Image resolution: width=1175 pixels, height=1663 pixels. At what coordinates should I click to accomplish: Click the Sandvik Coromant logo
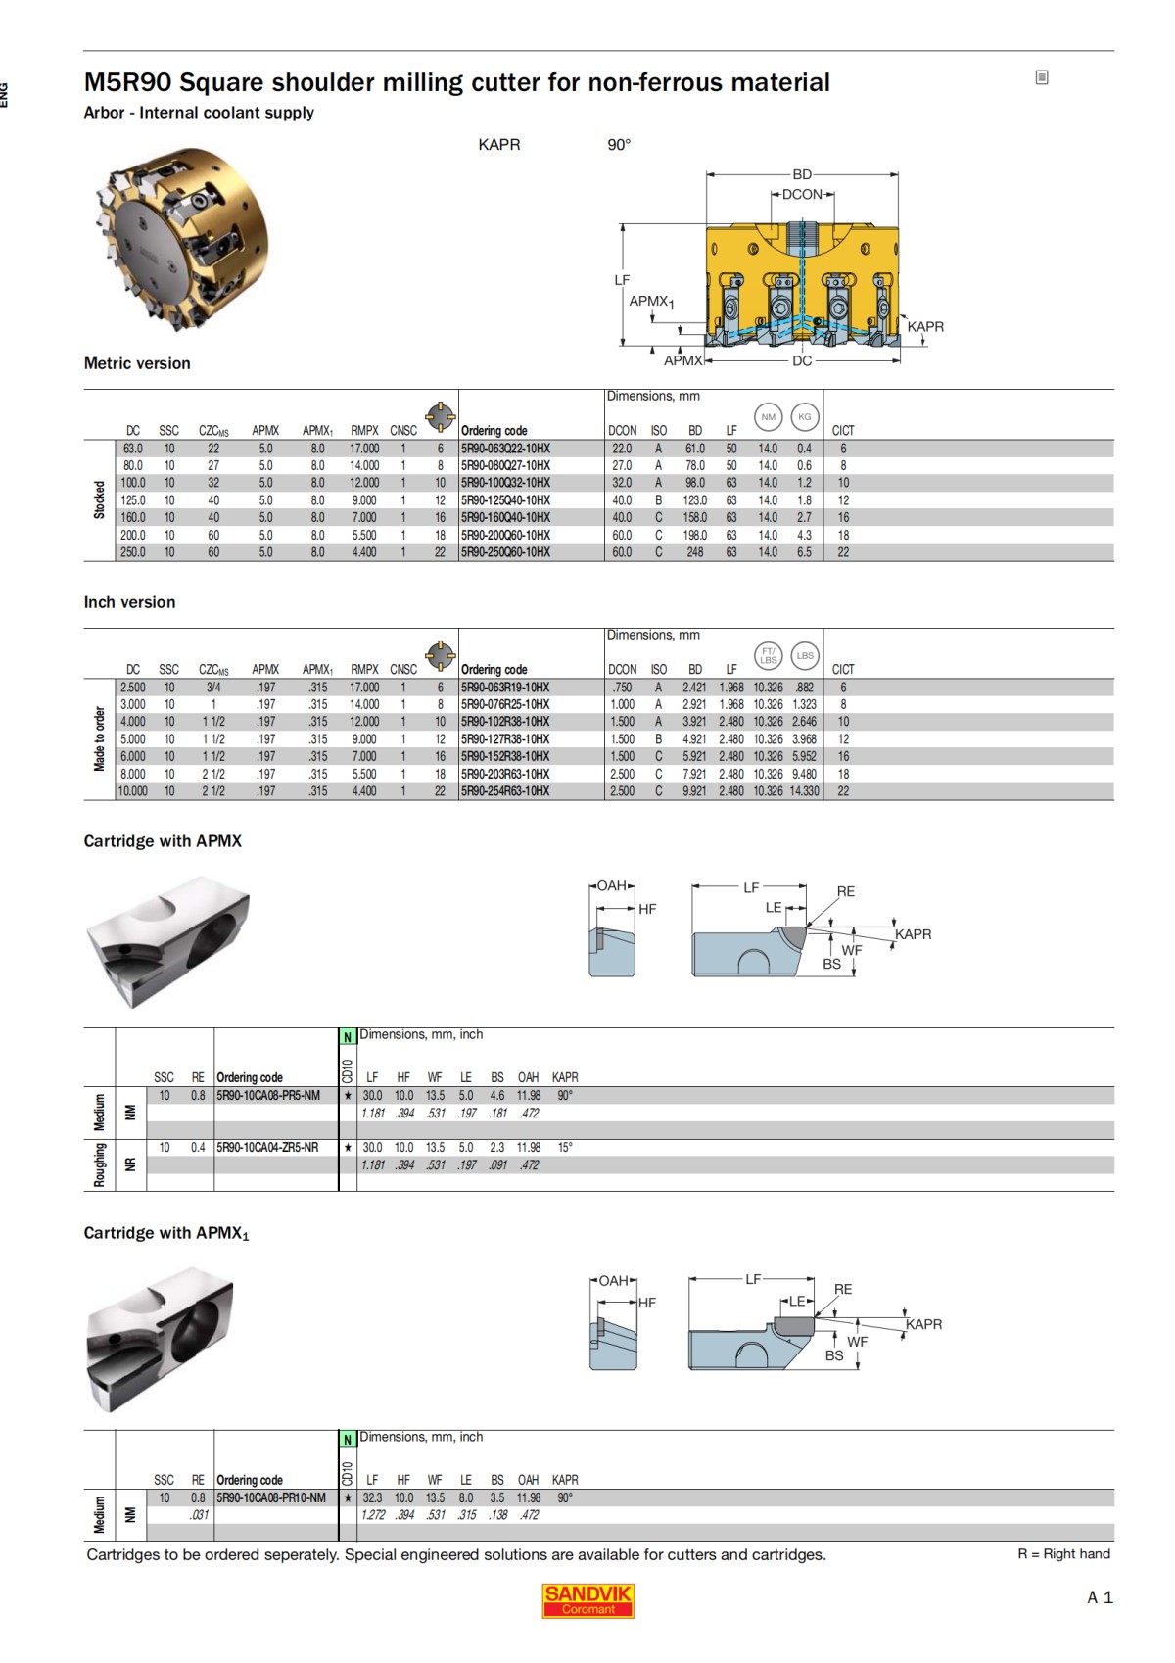point(587,1600)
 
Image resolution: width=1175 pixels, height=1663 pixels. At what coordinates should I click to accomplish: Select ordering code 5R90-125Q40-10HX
point(505,500)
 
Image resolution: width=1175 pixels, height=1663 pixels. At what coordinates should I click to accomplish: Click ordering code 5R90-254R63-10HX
point(505,791)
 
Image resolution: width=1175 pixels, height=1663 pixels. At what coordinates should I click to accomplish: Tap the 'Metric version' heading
point(137,363)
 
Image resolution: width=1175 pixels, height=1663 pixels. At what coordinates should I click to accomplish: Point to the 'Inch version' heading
point(129,602)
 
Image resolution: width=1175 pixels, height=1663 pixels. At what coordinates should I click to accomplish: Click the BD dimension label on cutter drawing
point(802,174)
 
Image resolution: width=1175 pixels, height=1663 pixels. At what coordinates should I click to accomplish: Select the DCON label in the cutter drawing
point(802,195)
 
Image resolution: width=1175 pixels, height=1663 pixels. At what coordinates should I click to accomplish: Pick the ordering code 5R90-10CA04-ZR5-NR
point(267,1148)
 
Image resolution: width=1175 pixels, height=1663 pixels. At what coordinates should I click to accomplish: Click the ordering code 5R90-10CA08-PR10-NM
point(271,1498)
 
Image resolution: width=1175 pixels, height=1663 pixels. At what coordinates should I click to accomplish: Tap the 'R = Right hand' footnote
point(1063,1554)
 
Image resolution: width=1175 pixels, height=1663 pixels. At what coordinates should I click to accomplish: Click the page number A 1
point(1100,1597)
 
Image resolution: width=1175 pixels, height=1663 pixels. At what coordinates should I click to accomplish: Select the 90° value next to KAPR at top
point(619,145)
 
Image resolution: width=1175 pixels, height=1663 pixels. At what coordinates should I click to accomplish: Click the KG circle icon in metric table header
point(805,417)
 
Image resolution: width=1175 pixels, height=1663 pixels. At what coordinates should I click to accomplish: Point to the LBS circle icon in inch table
point(805,656)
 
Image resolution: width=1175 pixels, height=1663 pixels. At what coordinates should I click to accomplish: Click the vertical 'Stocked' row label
point(99,499)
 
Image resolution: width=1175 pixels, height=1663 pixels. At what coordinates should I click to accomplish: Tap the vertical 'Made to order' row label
point(99,738)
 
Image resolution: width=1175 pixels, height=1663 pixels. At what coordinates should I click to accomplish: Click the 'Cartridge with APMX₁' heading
point(165,1233)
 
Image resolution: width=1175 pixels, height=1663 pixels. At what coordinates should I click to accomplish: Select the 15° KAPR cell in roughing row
point(565,1148)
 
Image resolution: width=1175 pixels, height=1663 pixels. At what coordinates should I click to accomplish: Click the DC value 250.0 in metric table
point(133,552)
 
